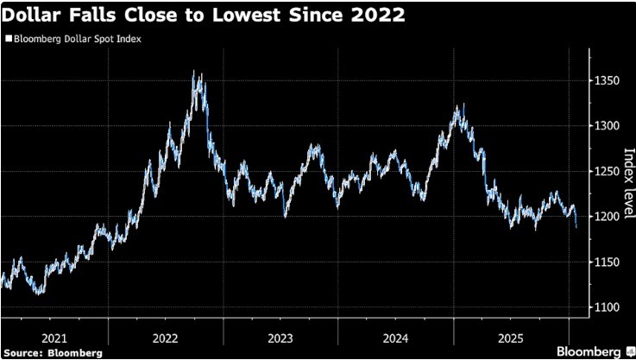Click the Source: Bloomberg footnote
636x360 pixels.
click(x=52, y=352)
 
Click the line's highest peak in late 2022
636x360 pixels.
click(x=193, y=73)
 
